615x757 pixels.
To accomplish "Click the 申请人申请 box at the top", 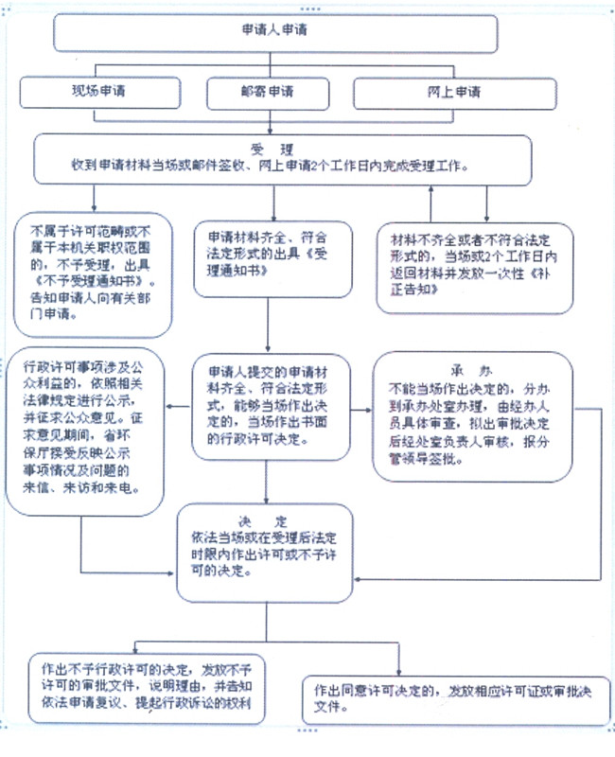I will tap(274, 31).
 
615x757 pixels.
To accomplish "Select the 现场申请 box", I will tap(100, 93).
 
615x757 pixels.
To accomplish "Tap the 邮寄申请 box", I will tap(266, 93).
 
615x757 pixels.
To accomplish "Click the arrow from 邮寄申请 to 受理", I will tap(272, 123).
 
